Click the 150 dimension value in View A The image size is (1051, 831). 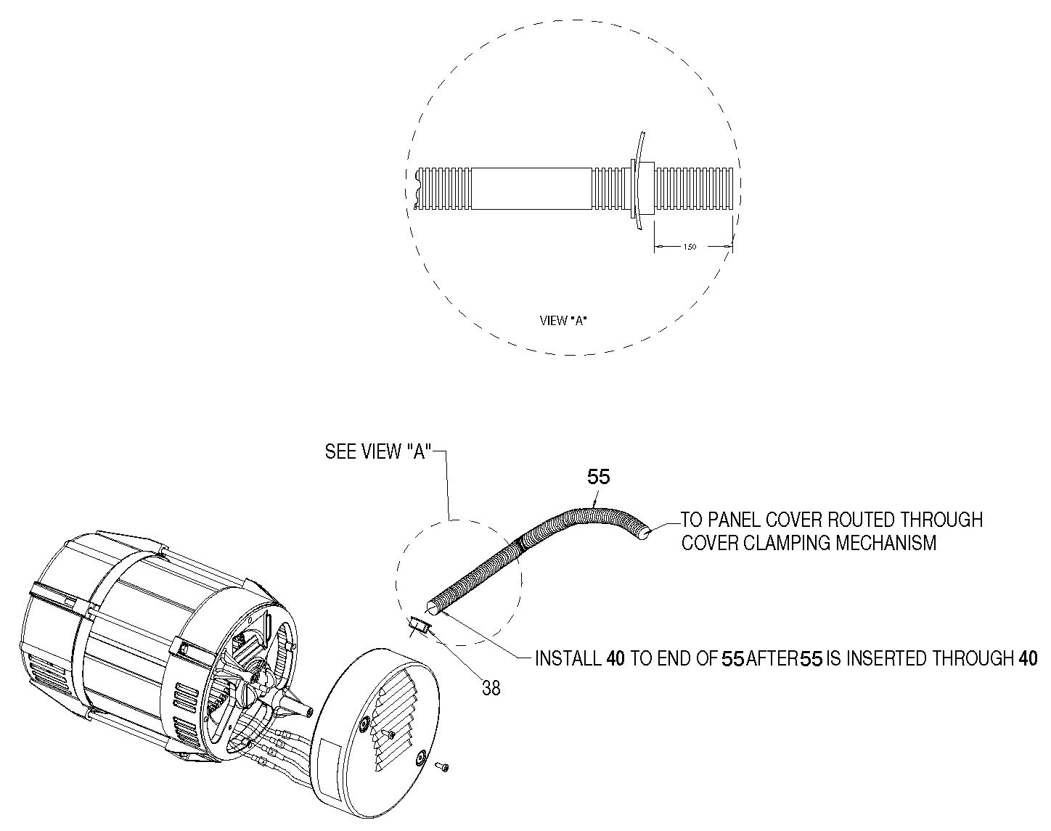pyautogui.click(x=690, y=247)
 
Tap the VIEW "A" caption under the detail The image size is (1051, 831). pyautogui.click(x=564, y=319)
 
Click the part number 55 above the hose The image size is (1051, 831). pyautogui.click(x=598, y=477)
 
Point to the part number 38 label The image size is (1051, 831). pyautogui.click(x=491, y=688)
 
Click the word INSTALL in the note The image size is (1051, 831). pyautogui.click(x=567, y=658)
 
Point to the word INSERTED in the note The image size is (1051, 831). pyautogui.click(x=887, y=658)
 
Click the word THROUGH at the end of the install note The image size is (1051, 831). pyautogui.click(x=973, y=658)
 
